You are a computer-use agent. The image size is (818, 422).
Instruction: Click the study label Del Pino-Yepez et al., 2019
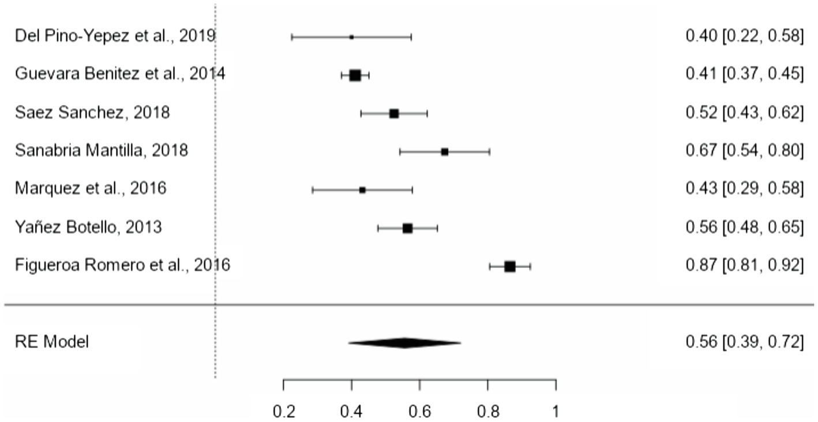[x=115, y=36]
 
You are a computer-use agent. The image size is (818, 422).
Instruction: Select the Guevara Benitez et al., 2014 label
[x=120, y=74]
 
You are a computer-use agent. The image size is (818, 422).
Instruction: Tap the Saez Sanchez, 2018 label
[x=92, y=113]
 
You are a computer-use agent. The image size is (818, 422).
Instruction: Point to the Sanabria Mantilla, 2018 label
[x=102, y=151]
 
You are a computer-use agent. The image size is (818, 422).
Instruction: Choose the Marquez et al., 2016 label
[x=91, y=189]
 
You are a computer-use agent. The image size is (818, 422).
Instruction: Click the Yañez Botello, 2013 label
[x=88, y=227]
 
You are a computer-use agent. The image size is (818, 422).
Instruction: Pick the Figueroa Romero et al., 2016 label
[x=122, y=266]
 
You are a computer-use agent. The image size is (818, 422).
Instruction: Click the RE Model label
[x=52, y=342]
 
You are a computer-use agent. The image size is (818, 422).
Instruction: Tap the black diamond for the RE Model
[x=404, y=343]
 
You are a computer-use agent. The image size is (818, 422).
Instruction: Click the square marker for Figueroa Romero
[x=509, y=266]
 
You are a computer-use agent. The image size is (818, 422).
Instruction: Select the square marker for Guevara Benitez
[x=355, y=75]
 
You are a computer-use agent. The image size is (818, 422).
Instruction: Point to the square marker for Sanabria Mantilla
[x=444, y=152]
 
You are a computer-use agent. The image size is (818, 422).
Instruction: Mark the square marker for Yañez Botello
[x=407, y=228]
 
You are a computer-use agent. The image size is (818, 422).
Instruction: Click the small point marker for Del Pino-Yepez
[x=351, y=37]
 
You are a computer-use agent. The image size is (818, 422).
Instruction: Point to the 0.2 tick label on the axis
[x=283, y=412]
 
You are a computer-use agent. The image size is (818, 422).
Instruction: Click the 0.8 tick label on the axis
[x=488, y=412]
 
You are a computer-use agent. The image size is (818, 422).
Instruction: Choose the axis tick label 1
[x=556, y=412]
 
